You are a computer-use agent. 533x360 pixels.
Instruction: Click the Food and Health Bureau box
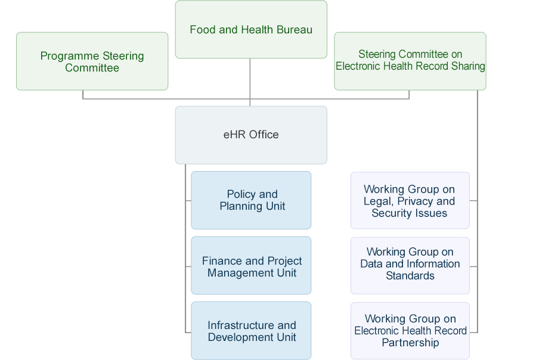251,30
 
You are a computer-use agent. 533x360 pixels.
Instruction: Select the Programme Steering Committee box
92,61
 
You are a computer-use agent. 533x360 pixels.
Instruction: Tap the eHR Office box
251,135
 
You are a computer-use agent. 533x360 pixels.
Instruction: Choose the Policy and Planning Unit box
251,200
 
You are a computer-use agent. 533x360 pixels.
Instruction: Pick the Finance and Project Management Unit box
251,265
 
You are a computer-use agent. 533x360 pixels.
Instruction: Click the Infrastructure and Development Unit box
251,330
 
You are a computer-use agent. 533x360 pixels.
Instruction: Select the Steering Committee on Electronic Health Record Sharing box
410,61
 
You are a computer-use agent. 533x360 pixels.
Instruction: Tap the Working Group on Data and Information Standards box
410,265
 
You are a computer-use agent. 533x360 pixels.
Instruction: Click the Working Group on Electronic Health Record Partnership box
410,331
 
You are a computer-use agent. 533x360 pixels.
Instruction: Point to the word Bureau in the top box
295,30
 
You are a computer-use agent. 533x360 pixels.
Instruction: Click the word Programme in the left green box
70,57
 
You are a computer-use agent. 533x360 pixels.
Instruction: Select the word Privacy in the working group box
415,201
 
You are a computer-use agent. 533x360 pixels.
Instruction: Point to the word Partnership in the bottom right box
410,343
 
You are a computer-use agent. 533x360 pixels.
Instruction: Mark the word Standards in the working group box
410,276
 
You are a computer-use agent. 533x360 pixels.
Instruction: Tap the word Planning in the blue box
241,206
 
